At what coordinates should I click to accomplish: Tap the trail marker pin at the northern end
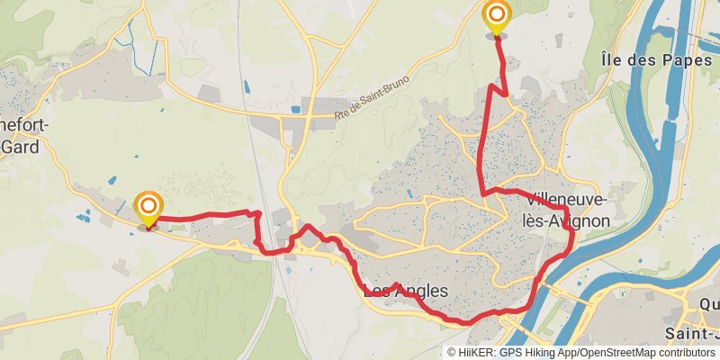click(496, 17)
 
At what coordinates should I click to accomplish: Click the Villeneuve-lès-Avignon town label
click(567, 209)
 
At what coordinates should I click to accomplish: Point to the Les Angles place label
click(404, 291)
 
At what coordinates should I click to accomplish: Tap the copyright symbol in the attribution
click(452, 352)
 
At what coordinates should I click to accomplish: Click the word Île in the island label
click(610, 60)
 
